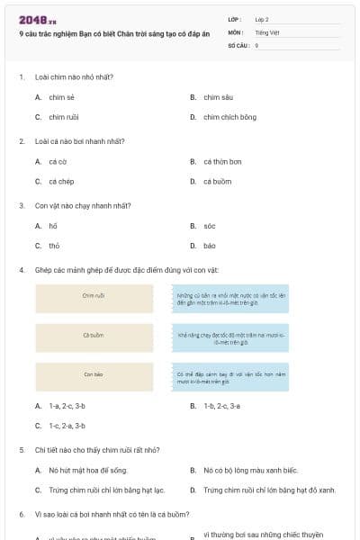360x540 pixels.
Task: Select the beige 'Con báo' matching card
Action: [94, 375]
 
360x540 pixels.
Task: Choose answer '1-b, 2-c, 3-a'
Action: [221, 406]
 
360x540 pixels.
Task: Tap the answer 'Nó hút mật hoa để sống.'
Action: [85, 470]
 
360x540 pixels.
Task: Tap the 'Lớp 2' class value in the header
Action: [262, 19]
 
